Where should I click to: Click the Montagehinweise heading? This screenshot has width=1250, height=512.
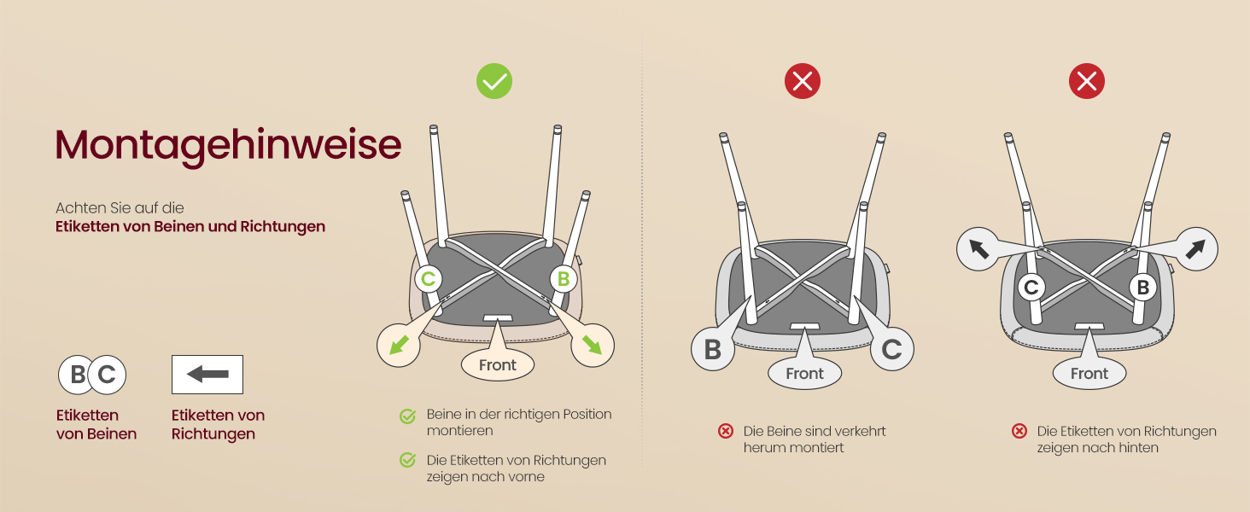[x=228, y=146]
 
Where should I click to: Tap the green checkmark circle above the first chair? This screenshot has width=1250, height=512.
[x=494, y=81]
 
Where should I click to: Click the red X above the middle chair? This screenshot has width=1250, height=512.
[x=803, y=81]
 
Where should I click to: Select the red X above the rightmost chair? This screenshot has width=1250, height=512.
[x=1087, y=81]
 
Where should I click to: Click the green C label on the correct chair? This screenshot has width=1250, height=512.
[x=428, y=279]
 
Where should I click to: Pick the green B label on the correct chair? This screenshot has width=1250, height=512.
[x=563, y=279]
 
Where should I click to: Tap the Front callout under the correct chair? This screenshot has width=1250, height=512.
[x=497, y=364]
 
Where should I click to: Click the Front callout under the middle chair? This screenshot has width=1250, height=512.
[x=804, y=373]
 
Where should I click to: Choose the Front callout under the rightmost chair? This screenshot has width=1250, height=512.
[x=1089, y=373]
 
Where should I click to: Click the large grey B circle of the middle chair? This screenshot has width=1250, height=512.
[x=713, y=349]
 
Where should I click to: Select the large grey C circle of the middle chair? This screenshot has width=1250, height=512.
[x=891, y=349]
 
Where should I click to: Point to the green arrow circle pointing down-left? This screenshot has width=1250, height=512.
[x=399, y=346]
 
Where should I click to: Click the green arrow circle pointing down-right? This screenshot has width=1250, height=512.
[x=593, y=346]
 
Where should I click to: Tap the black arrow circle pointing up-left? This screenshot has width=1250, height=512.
[x=978, y=249]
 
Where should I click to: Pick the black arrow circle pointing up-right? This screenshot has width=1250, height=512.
[x=1196, y=249]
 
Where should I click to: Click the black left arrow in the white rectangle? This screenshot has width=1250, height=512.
[x=207, y=375]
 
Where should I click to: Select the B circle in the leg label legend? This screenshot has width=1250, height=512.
[x=77, y=375]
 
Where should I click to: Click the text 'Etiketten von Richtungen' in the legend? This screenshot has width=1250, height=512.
[x=219, y=424]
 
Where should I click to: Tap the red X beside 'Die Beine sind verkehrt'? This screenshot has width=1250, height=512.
[x=726, y=431]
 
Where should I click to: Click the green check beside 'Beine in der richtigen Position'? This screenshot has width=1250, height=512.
[x=407, y=416]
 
